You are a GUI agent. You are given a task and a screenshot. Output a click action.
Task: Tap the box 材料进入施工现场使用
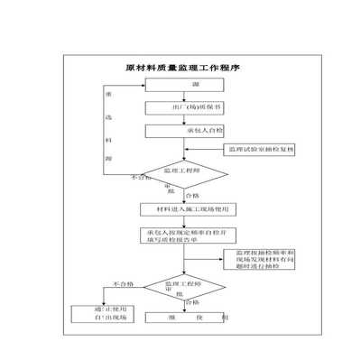tap(185, 208)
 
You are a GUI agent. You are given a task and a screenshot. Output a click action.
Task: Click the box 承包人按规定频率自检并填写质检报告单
tap(185, 236)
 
